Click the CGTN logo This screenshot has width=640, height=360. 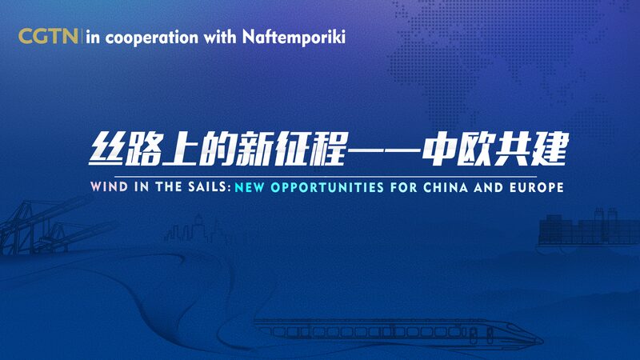(47, 37)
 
